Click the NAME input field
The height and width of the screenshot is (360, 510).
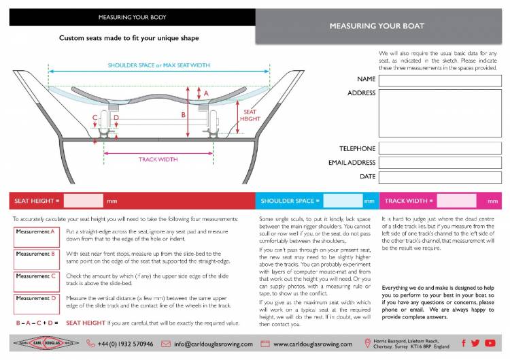pyautogui.click(x=440, y=80)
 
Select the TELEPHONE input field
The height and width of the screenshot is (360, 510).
pyautogui.click(x=440, y=148)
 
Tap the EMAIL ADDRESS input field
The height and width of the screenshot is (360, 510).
pyautogui.click(x=440, y=163)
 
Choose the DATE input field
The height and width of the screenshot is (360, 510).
pyautogui.click(x=440, y=177)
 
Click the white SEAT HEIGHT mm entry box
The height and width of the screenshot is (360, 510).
pyautogui.click(x=84, y=201)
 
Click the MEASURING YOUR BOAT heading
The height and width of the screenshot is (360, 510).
pyautogui.click(x=377, y=27)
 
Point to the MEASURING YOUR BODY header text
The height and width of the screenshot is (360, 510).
pyautogui.click(x=132, y=17)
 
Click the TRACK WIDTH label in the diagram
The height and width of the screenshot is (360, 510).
pyautogui.click(x=158, y=159)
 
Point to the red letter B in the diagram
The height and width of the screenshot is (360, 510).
pyautogui.click(x=183, y=115)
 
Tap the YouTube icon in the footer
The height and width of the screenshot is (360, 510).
pyautogui.click(x=490, y=344)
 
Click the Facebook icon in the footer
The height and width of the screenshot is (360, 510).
pyautogui.click(x=464, y=344)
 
